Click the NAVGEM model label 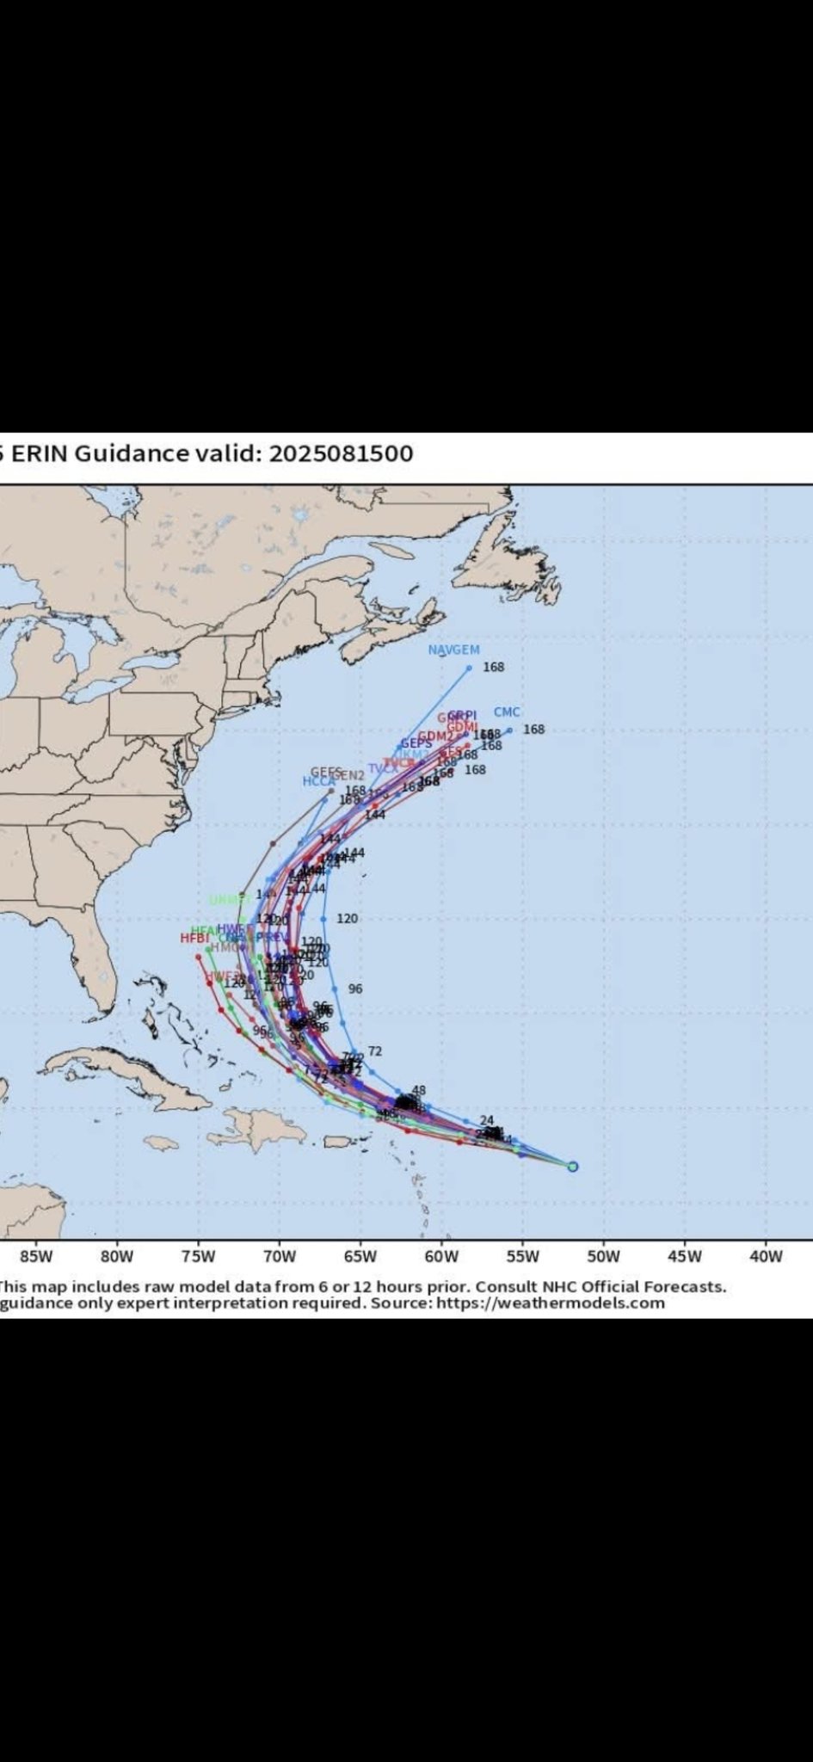tap(453, 650)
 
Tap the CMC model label tap(507, 712)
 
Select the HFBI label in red tap(194, 938)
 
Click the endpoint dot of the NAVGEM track tap(470, 668)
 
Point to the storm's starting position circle tap(573, 1167)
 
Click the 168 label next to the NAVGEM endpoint tap(494, 668)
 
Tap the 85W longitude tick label tap(36, 1256)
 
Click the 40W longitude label tap(766, 1256)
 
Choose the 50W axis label tap(603, 1256)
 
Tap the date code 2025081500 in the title tap(341, 453)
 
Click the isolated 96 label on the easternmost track tap(354, 989)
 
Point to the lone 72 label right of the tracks tap(374, 1051)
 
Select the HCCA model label tap(318, 782)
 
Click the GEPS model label tap(416, 743)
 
